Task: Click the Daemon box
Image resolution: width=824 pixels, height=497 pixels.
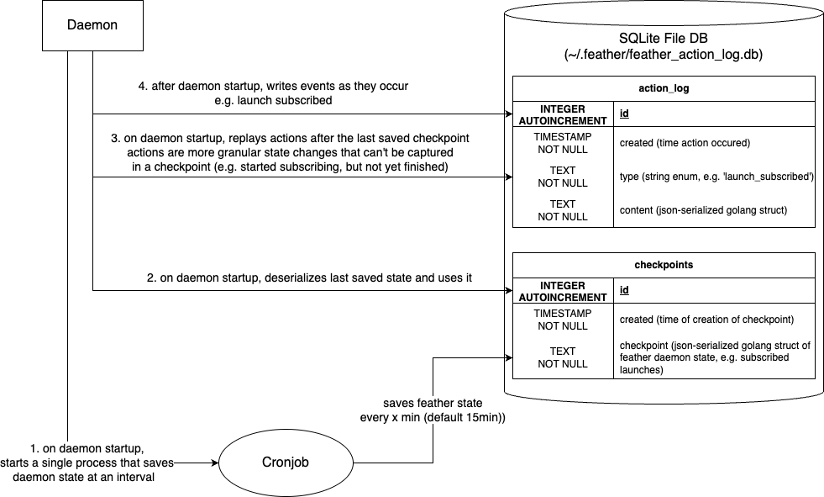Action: [92, 25]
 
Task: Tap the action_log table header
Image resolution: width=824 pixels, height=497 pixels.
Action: [664, 88]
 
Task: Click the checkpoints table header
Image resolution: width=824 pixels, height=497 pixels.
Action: [664, 264]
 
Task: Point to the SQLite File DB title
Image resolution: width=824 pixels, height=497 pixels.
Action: [664, 39]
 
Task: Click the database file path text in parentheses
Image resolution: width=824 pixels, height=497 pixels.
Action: [664, 55]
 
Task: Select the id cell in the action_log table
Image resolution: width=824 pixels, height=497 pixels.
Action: [625, 114]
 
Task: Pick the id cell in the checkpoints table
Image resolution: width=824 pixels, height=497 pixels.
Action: [625, 290]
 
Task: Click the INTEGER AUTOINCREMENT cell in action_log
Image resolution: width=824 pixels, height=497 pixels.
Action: [563, 114]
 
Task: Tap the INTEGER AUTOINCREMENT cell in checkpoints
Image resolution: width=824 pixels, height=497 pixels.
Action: [563, 290]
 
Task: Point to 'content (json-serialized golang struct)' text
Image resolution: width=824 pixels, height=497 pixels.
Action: [702, 209]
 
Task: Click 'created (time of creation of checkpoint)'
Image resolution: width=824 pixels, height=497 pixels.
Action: [706, 319]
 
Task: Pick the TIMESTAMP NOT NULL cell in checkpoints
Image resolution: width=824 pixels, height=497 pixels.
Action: [563, 319]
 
